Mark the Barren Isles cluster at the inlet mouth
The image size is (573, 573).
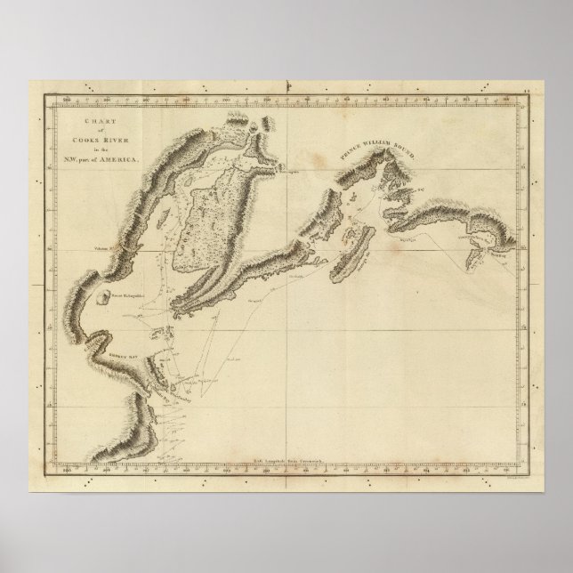point(173,335)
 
